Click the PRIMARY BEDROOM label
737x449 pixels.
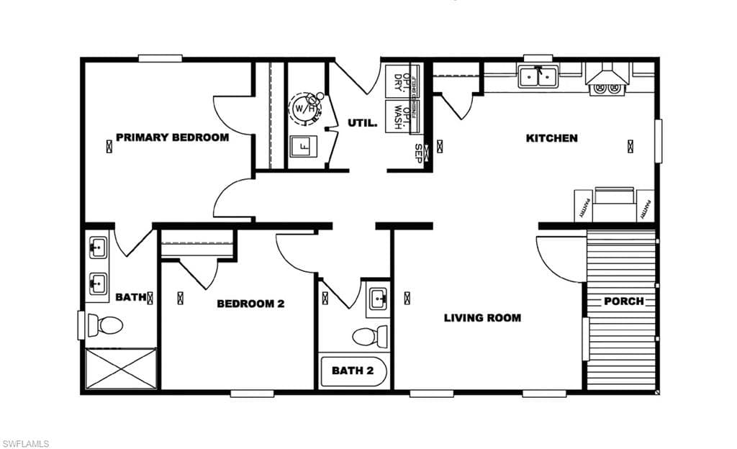click(x=173, y=137)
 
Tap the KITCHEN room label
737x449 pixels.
click(x=552, y=138)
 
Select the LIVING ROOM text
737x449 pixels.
click(x=482, y=317)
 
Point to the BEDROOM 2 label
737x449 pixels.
click(x=250, y=304)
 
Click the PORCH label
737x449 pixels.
click(x=623, y=301)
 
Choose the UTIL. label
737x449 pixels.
click(x=363, y=123)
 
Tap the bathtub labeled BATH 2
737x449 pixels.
click(x=353, y=371)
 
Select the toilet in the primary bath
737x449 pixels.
click(x=105, y=325)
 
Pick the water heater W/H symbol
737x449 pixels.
click(x=301, y=108)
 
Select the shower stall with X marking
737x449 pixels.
click(x=121, y=369)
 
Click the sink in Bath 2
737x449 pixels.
click(x=378, y=298)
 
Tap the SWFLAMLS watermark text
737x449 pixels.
click(x=27, y=444)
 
